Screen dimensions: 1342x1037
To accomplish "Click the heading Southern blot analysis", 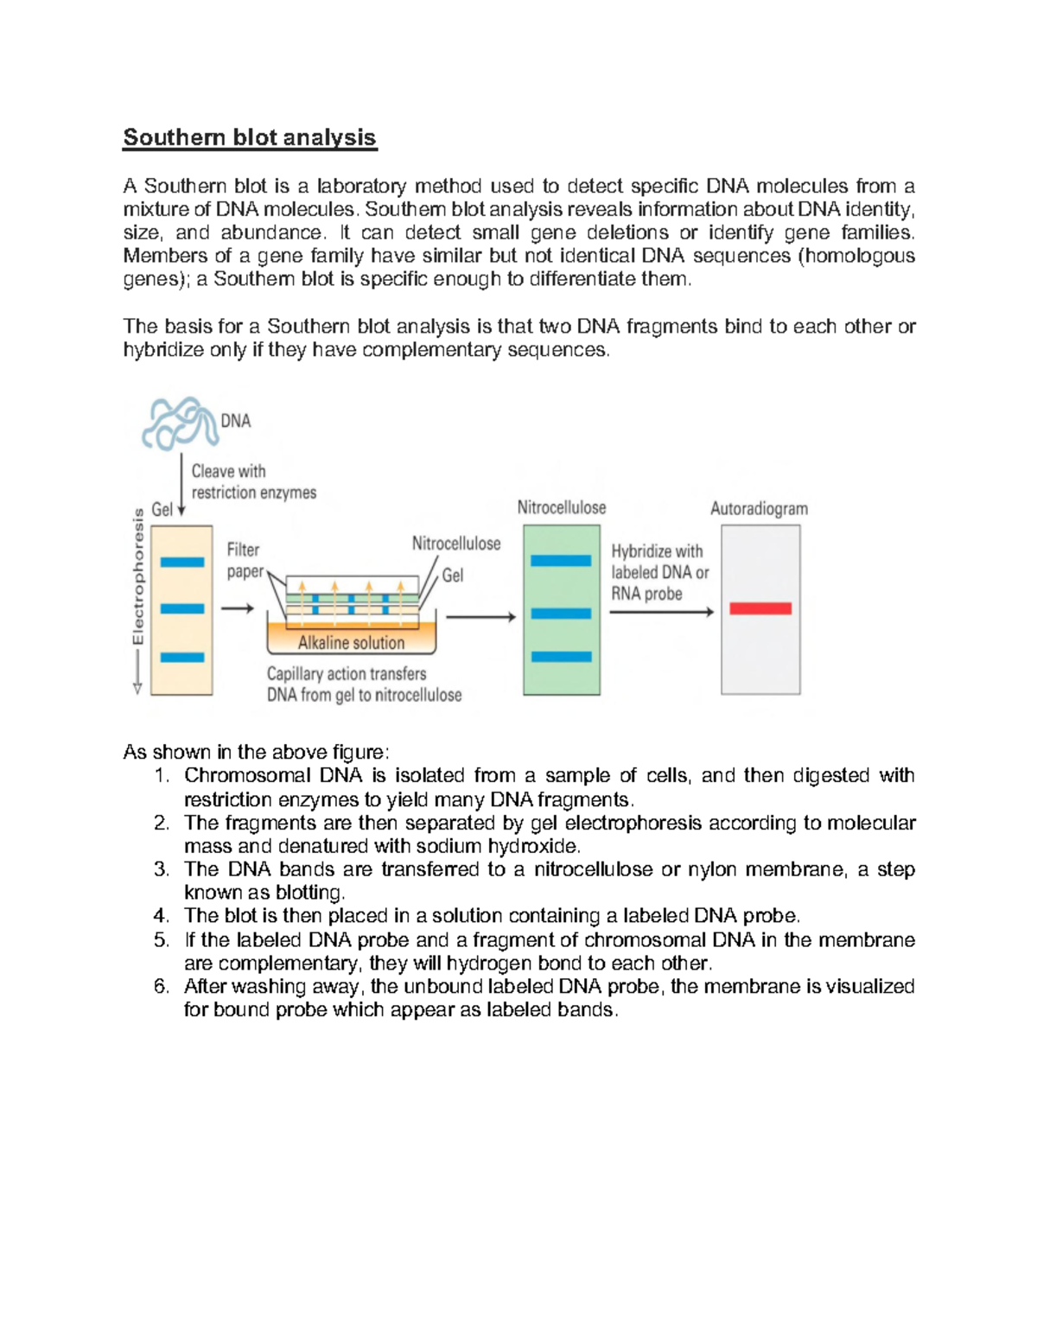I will [249, 137].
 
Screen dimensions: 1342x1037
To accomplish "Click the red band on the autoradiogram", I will [760, 609].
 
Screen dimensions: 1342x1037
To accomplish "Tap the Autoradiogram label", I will [759, 509].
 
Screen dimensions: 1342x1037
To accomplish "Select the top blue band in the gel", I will [182, 563].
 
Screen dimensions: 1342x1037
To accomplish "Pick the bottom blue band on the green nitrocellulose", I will [561, 657].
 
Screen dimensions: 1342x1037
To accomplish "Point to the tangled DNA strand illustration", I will [179, 423].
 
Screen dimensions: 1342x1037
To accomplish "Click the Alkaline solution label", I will [351, 643].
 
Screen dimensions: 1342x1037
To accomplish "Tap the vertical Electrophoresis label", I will [137, 577].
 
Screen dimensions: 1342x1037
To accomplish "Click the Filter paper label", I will [244, 560].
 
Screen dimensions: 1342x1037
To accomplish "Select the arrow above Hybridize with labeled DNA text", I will [661, 613].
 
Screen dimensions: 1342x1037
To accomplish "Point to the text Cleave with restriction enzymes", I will [252, 482].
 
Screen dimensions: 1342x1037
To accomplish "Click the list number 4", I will [161, 916].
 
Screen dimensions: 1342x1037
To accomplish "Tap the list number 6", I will [161, 987].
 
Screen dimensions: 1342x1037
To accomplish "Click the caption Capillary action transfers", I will [346, 674].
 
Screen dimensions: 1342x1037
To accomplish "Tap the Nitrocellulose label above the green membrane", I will [561, 507].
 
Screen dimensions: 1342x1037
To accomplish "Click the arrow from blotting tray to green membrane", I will [480, 617].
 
